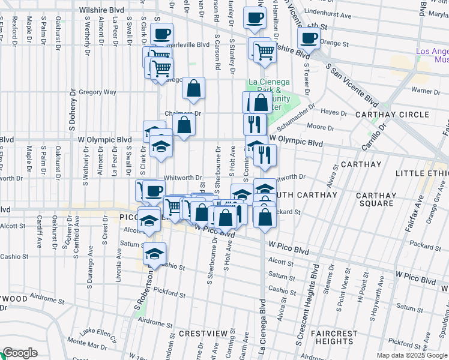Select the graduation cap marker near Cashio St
[154, 253]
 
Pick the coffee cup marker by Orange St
[309, 38]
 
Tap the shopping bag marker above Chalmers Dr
[194, 88]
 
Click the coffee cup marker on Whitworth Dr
[154, 190]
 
